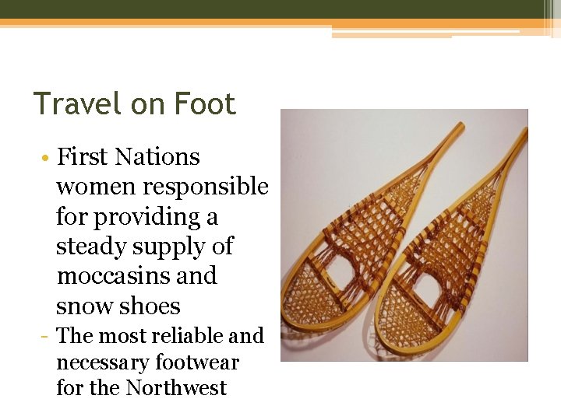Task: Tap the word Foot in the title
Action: click(205, 104)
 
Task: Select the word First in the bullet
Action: click(83, 157)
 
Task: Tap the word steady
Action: click(90, 247)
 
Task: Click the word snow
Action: click(85, 306)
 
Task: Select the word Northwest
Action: click(175, 387)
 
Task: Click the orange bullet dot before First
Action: click(48, 158)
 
